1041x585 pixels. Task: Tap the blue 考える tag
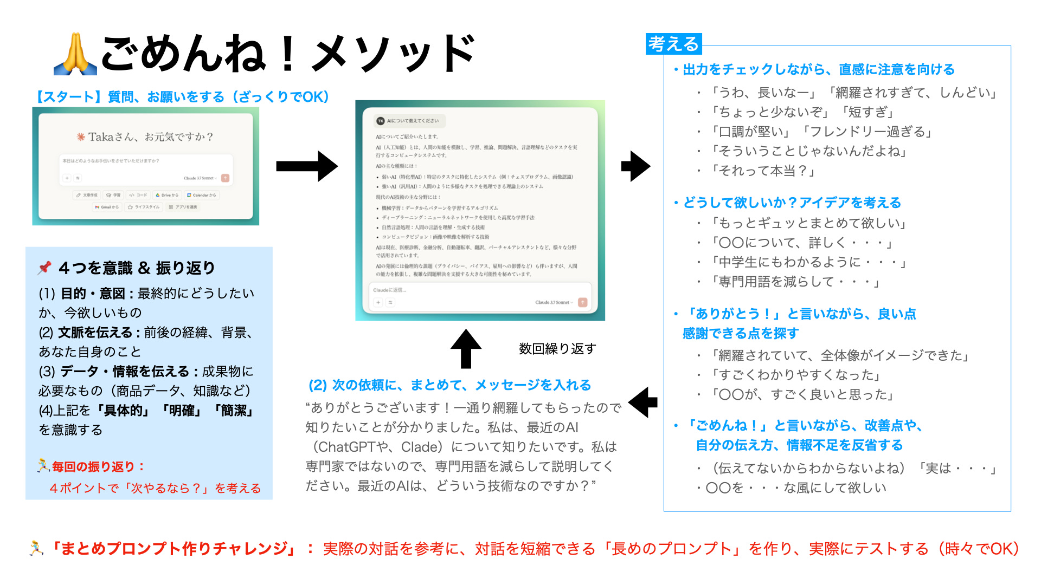(x=674, y=44)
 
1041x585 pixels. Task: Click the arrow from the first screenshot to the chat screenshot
(x=307, y=166)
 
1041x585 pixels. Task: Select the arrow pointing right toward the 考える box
(x=635, y=166)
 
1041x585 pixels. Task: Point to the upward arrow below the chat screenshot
(x=466, y=348)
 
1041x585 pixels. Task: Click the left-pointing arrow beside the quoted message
(x=643, y=402)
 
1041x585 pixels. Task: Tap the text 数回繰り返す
(x=557, y=348)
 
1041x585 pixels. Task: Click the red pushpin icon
(x=44, y=268)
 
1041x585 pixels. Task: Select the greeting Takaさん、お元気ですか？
(x=145, y=136)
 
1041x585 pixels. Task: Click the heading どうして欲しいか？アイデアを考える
(x=792, y=203)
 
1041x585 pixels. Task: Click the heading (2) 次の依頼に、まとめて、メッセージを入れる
(x=449, y=385)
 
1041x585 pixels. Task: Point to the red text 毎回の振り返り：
(x=98, y=466)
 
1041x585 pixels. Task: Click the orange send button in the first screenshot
(x=226, y=178)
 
